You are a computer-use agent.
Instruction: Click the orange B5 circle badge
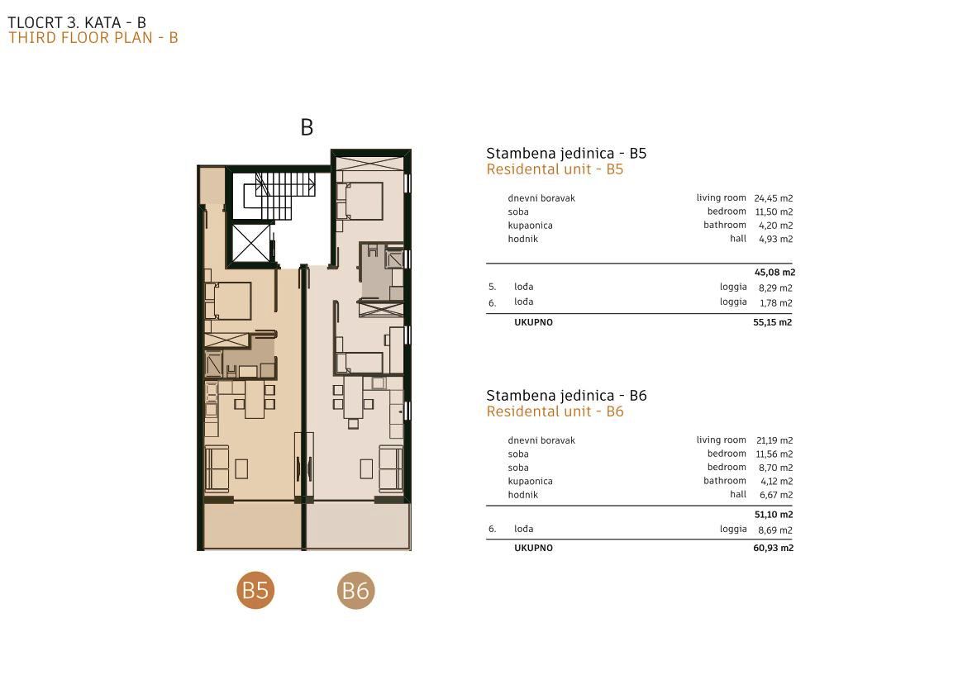[255, 590]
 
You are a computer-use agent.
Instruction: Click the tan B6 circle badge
[355, 590]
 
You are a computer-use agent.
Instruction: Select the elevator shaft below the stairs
[250, 243]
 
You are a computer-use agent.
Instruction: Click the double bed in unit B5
[228, 301]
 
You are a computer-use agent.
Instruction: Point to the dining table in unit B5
[255, 398]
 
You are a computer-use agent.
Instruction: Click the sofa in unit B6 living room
[391, 467]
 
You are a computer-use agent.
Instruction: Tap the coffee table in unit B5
[241, 469]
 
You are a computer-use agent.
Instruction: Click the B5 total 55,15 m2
[773, 322]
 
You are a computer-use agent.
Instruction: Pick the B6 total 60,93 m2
[773, 548]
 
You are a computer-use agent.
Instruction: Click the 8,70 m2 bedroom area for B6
[776, 468]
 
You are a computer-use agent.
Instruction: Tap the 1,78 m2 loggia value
[775, 303]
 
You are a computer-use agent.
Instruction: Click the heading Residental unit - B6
[555, 411]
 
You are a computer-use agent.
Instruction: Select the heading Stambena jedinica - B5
[566, 154]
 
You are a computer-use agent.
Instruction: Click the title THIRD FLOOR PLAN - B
[93, 38]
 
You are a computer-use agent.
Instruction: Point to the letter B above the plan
[307, 127]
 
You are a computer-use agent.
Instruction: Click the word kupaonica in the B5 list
[531, 226]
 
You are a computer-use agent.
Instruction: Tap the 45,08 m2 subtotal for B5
[774, 272]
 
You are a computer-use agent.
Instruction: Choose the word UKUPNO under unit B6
[533, 548]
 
